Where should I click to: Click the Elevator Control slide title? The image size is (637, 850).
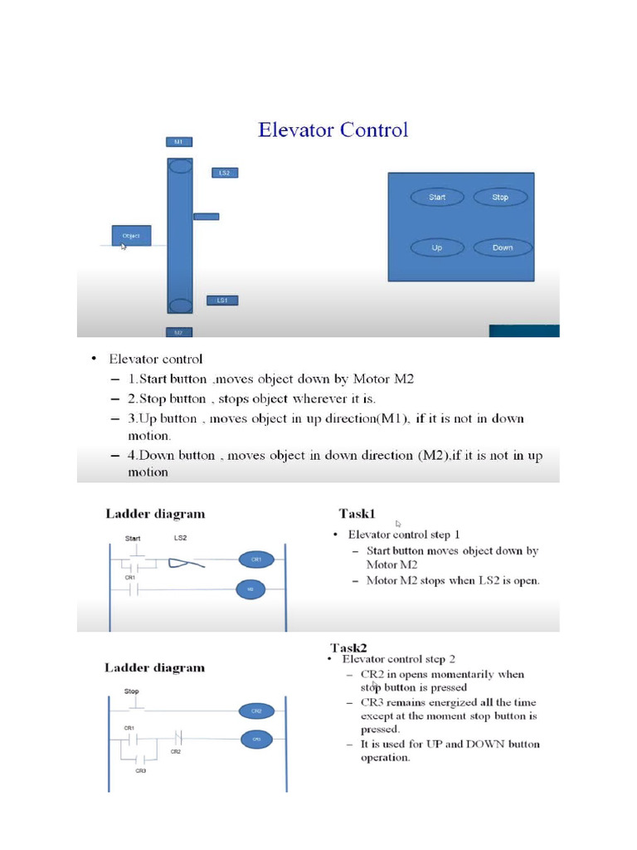pos(333,130)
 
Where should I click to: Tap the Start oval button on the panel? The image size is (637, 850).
pos(437,198)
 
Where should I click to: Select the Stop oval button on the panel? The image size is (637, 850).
pos(500,198)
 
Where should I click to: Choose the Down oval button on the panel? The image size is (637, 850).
pos(503,247)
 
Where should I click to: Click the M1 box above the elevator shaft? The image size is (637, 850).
pos(178,142)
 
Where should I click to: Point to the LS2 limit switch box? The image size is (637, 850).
pos(224,173)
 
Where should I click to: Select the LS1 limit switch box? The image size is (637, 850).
pos(222,300)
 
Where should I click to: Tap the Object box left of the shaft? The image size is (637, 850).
pos(132,236)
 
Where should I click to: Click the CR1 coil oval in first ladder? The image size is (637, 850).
pos(255,559)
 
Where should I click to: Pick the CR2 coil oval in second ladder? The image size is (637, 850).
pos(255,711)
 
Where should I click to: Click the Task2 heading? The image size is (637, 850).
pos(348,647)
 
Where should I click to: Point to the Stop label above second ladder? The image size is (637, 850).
pos(131,691)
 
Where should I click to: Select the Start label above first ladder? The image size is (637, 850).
pos(133,538)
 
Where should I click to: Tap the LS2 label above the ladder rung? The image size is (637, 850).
pos(180,538)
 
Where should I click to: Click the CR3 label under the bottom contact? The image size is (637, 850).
pos(141,771)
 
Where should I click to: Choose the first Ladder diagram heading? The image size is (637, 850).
pos(155,514)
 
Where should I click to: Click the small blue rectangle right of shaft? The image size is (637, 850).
pos(207,217)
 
